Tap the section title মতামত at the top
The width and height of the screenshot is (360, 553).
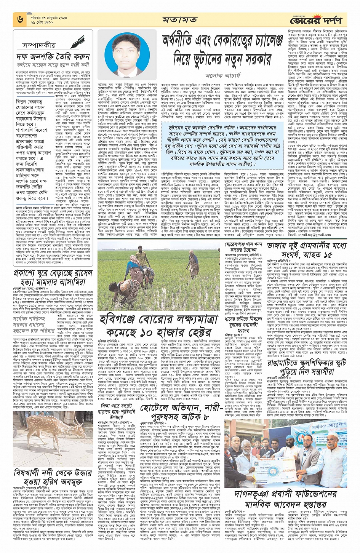click(x=179, y=19)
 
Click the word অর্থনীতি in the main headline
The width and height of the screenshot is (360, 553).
click(x=183, y=43)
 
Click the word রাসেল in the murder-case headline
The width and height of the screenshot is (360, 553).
click(x=80, y=274)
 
